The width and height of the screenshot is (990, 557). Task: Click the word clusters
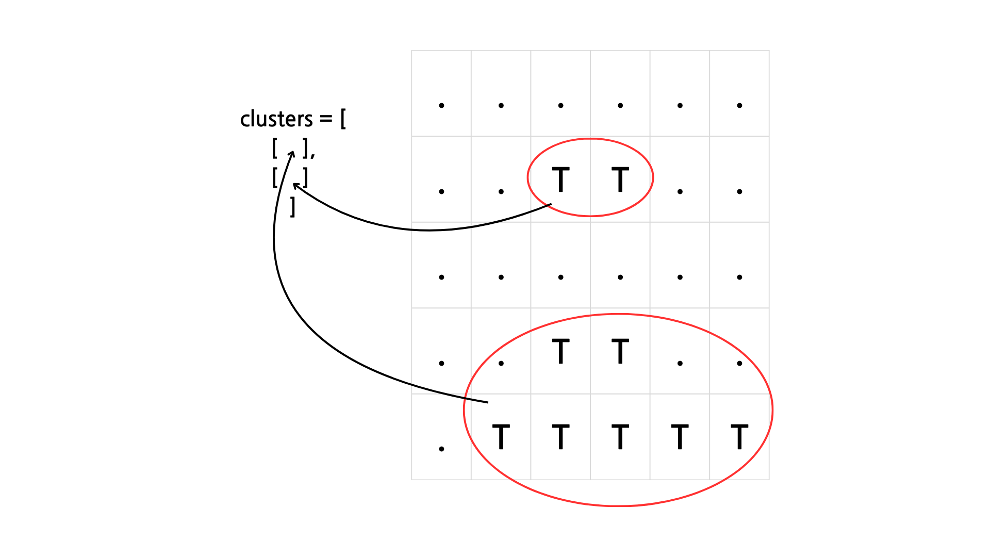point(276,119)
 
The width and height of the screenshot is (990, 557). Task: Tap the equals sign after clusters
point(326,119)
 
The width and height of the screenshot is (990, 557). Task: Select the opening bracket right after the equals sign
point(343,119)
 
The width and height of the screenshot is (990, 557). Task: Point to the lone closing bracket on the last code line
point(293,207)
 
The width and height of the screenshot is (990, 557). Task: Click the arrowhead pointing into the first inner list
point(292,153)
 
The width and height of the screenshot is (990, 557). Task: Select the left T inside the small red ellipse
point(560,179)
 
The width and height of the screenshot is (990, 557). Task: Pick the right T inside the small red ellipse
point(620,179)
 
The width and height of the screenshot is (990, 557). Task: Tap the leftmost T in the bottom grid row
point(501,437)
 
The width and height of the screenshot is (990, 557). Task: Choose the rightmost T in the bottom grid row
point(739,437)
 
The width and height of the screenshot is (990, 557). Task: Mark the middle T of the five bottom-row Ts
point(620,437)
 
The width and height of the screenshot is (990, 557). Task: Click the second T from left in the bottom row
point(560,437)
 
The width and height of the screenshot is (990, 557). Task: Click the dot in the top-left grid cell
point(441,106)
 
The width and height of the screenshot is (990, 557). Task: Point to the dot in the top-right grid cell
point(739,106)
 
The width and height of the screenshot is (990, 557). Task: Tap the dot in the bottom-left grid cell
point(441,449)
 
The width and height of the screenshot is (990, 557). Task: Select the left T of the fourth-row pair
point(560,351)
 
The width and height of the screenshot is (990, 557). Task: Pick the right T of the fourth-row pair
point(620,351)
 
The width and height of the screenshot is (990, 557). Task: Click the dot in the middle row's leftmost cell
point(441,277)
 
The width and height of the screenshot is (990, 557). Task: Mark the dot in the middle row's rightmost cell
point(739,277)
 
